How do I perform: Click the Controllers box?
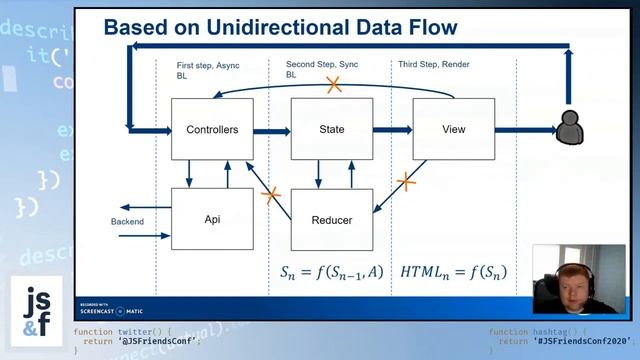point(212,129)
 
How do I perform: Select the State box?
point(331,129)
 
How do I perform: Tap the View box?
point(453,129)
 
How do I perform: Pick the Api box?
point(212,219)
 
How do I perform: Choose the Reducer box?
point(331,219)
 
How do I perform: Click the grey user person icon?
point(570,128)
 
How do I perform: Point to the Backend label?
point(127,221)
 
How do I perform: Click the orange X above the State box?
point(334,85)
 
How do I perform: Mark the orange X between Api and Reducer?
point(270,195)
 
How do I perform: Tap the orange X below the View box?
point(406,181)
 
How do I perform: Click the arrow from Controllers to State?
point(271,129)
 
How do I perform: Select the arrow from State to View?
point(392,129)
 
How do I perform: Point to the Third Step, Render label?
point(434,64)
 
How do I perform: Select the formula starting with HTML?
point(453,272)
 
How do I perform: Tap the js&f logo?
point(36,312)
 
